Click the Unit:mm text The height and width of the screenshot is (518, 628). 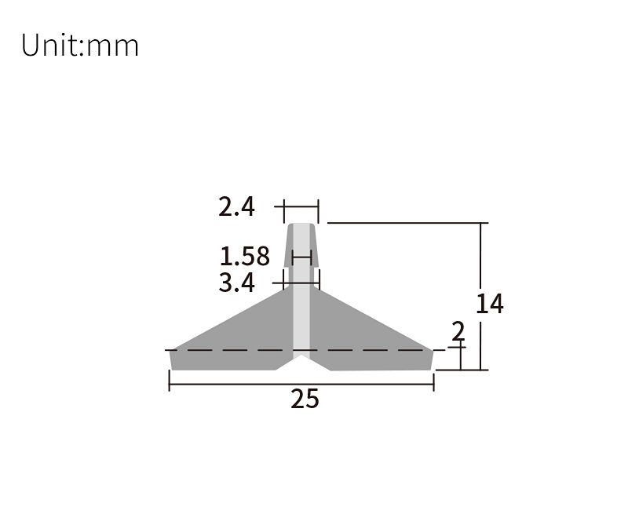[80, 46]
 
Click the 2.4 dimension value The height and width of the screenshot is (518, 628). [237, 207]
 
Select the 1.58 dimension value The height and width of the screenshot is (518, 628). [245, 257]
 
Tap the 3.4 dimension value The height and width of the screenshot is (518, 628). [237, 283]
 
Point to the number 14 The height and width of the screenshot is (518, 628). [489, 304]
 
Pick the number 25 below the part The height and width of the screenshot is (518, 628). [305, 399]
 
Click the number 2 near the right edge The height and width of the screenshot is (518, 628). [458, 331]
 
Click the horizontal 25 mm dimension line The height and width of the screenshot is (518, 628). [301, 385]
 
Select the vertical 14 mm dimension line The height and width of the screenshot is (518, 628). [480, 296]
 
